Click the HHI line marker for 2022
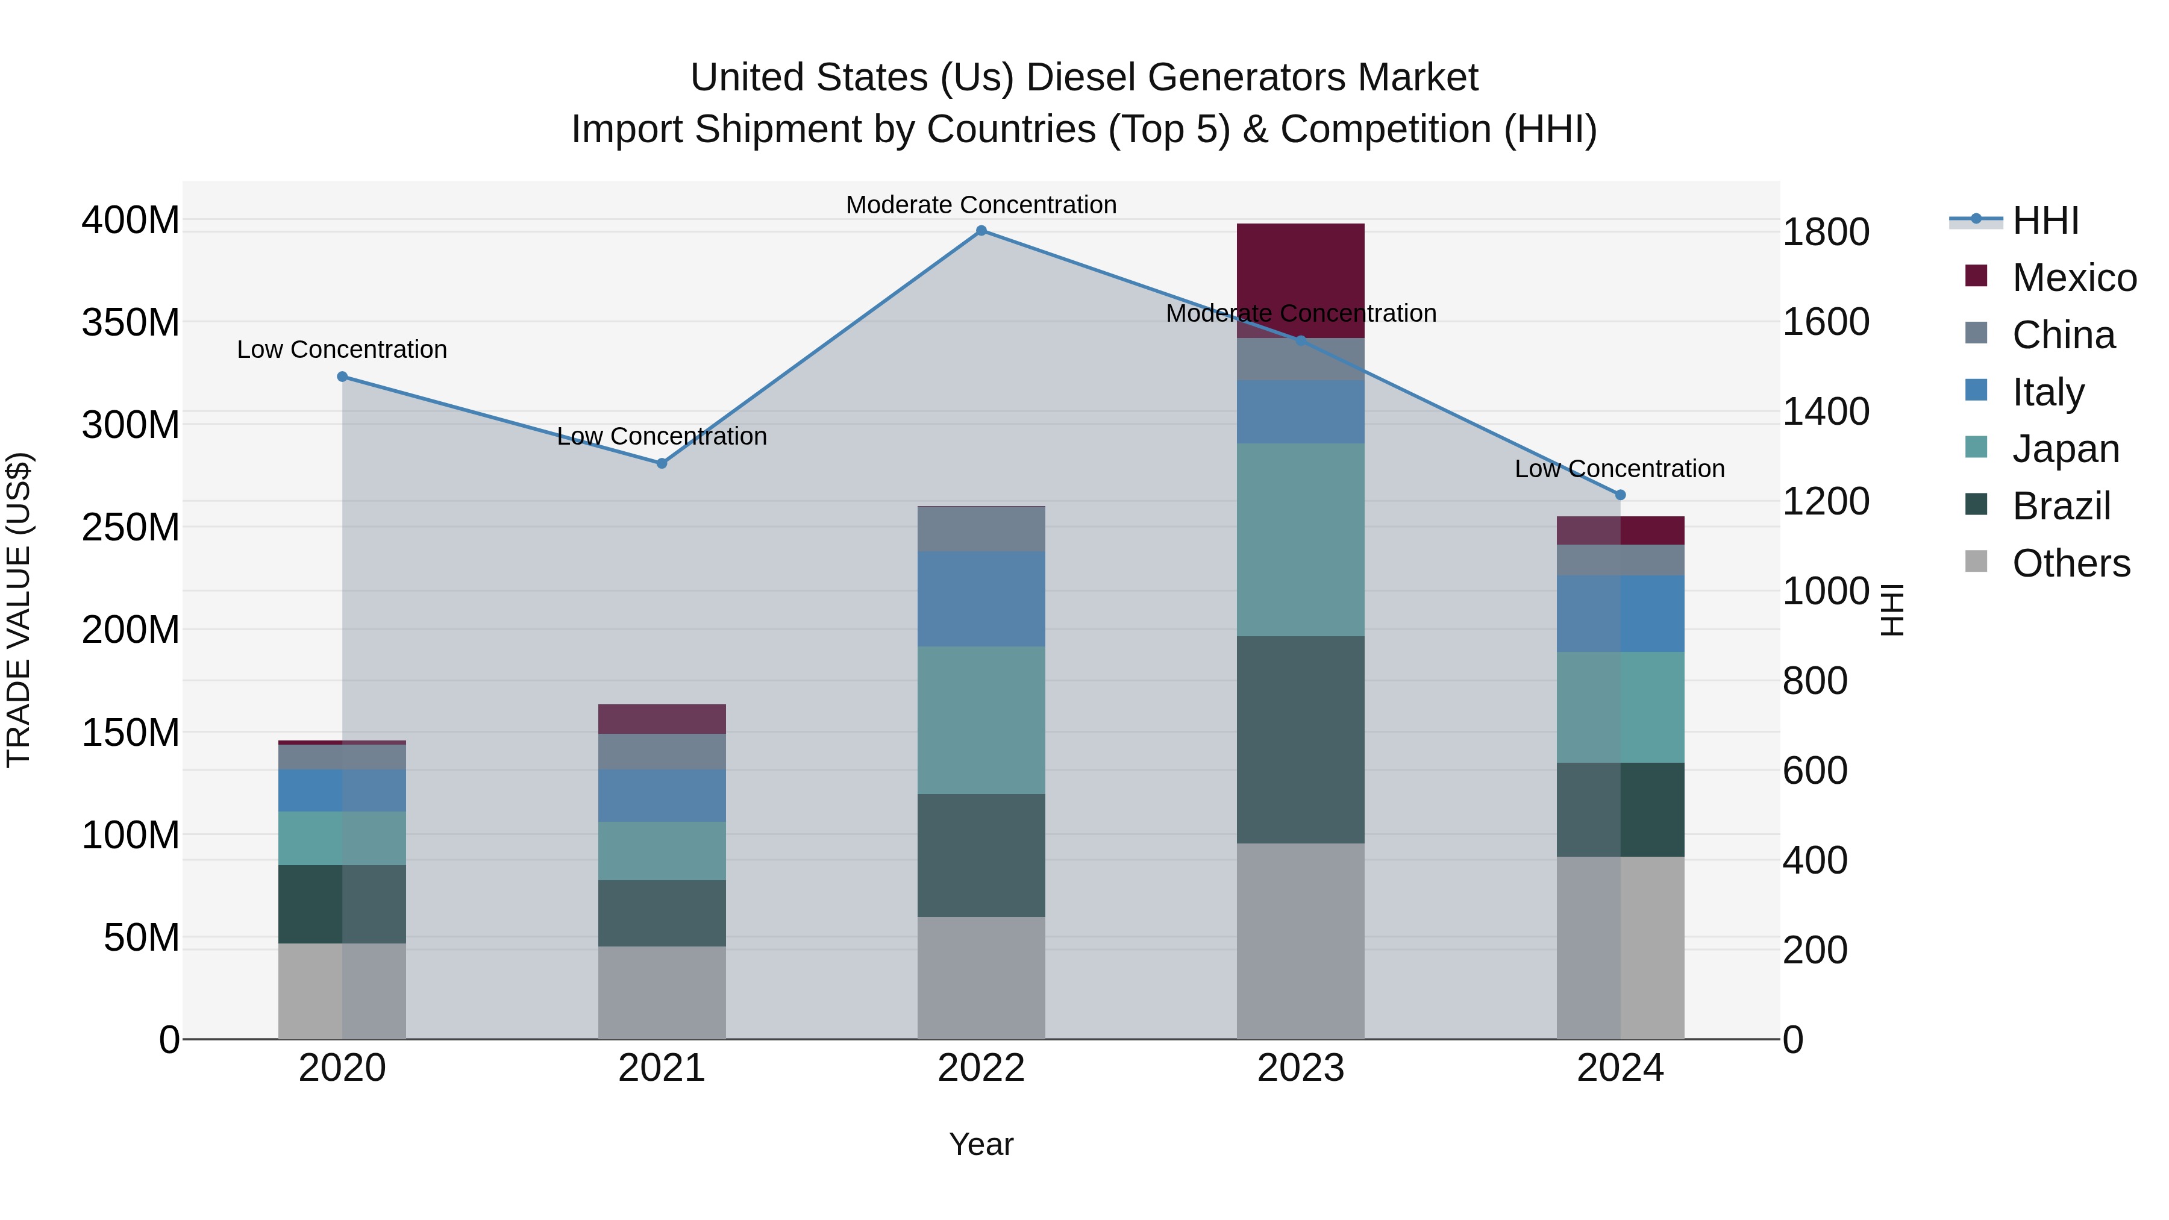coord(981,231)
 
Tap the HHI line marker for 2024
coord(1620,495)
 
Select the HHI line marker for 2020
coord(343,377)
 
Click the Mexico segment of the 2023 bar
coord(1300,269)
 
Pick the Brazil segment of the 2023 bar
coord(1300,739)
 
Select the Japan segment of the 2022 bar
coord(981,720)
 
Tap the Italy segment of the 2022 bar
coord(981,599)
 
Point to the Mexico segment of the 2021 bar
coord(662,719)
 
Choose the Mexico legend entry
coord(2073,278)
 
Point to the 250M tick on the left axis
coord(131,527)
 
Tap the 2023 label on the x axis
coord(1300,1068)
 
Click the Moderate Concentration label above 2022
coord(981,205)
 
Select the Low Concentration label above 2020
coord(342,349)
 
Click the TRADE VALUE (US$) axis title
coord(19,610)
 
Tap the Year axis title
coord(981,1144)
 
